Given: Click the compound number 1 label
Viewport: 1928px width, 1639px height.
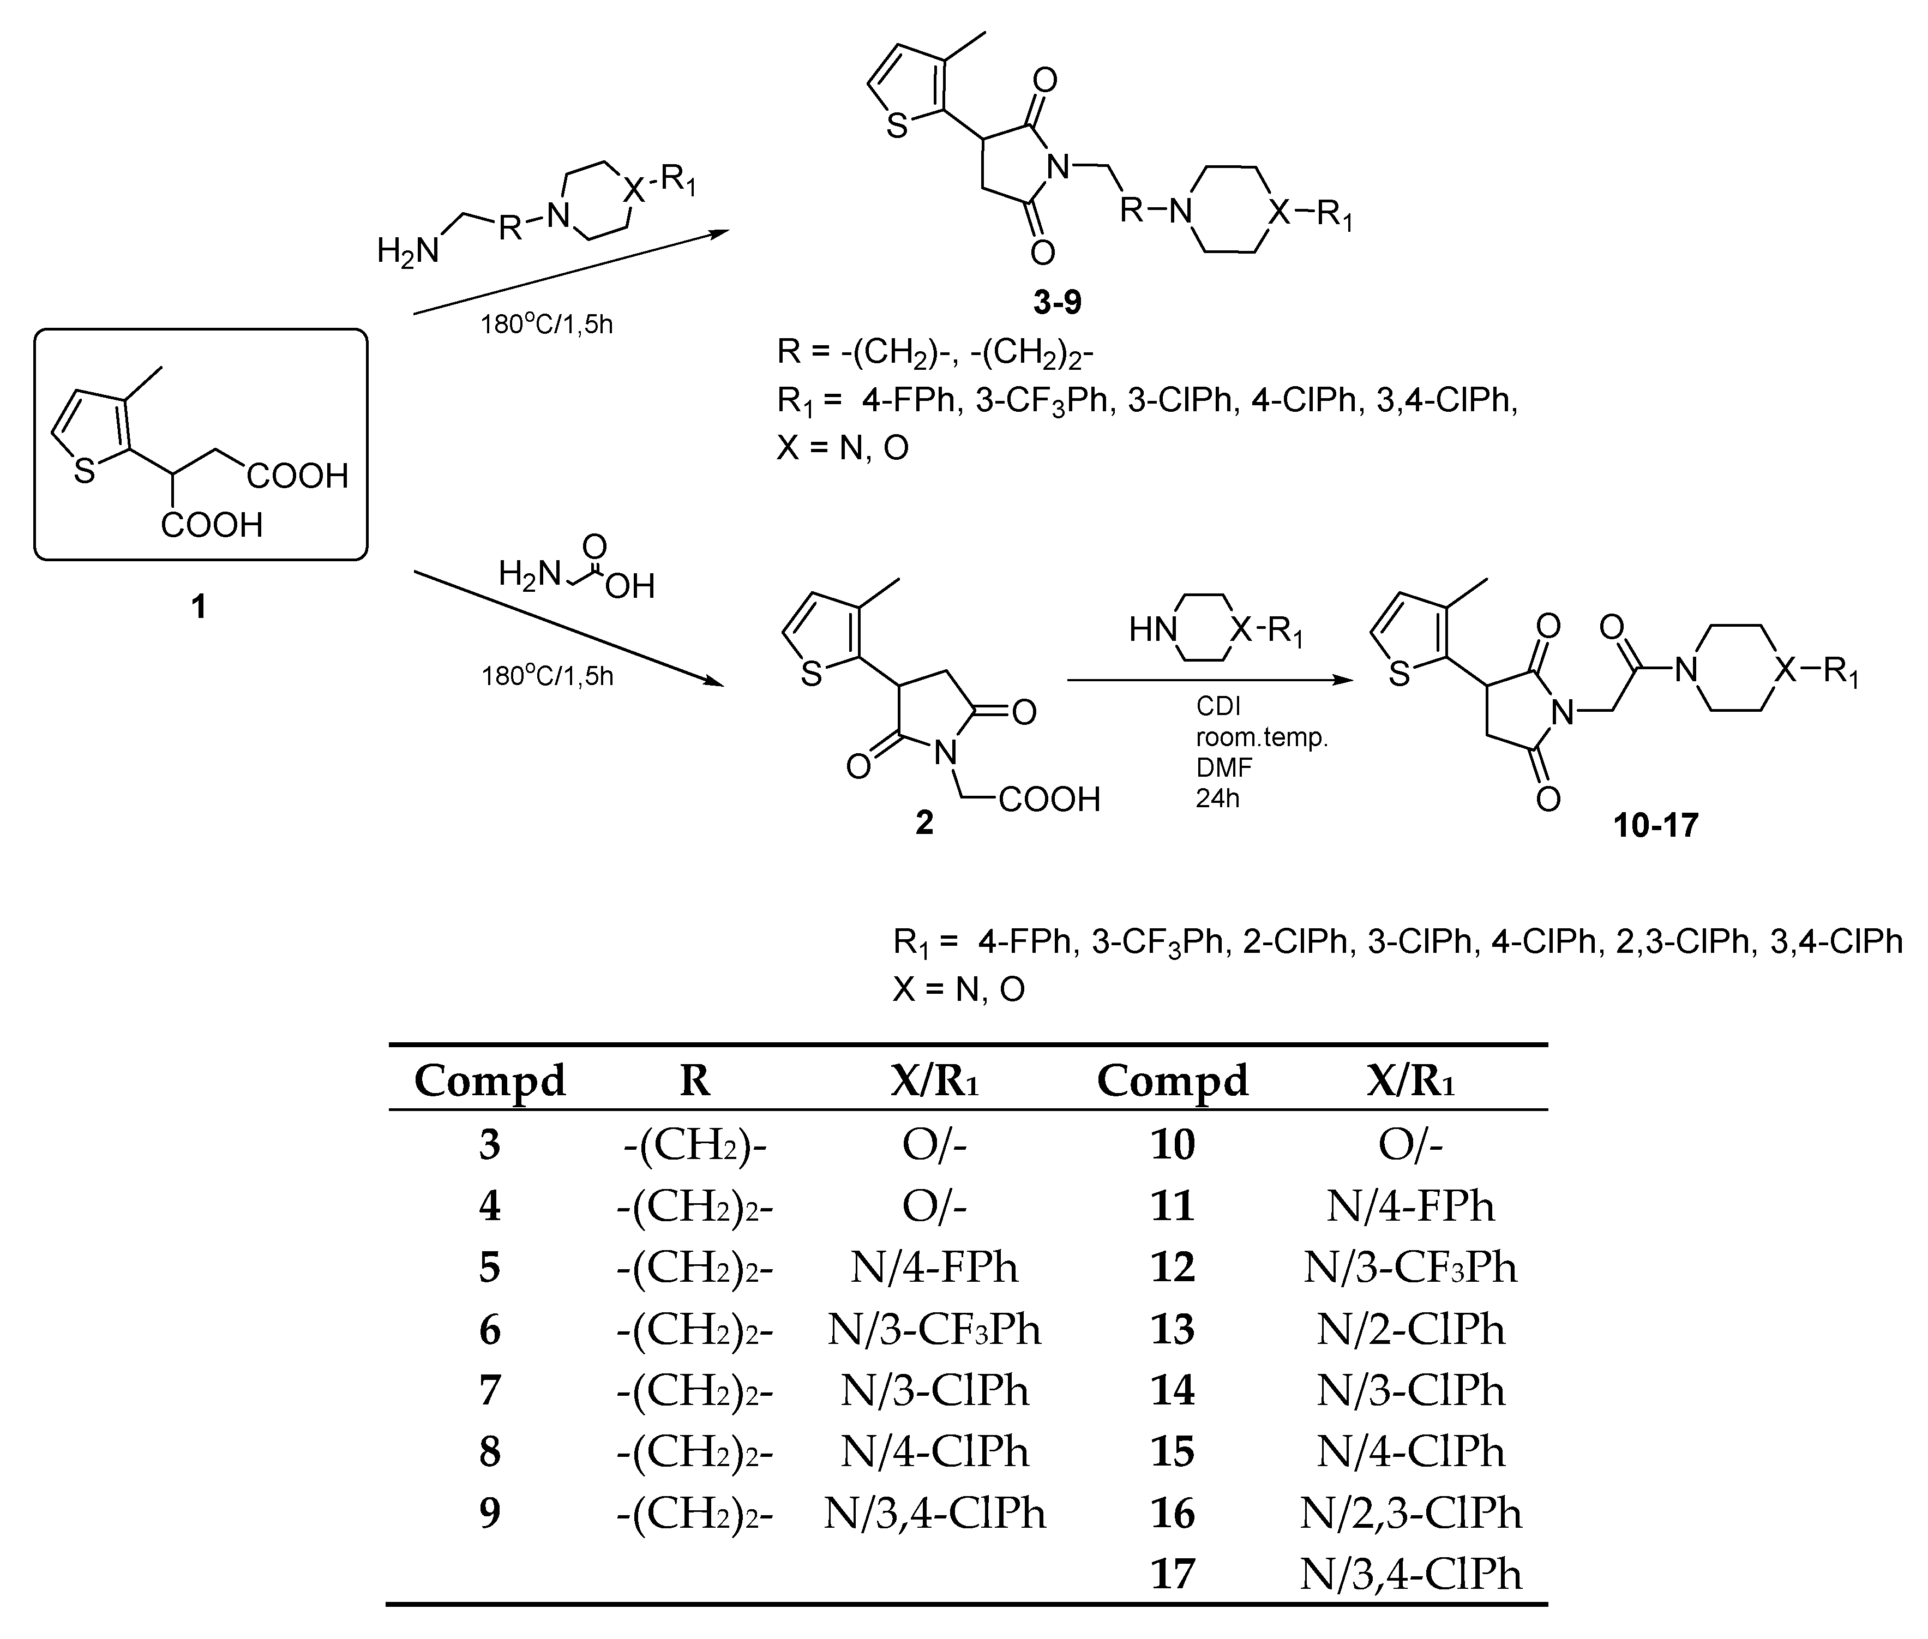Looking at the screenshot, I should pos(198,607).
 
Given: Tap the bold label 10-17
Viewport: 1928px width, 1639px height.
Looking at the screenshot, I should pos(1656,825).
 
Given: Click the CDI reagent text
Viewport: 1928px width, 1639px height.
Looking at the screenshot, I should pos(1218,707).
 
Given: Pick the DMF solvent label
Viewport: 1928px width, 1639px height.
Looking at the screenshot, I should pos(1224,767).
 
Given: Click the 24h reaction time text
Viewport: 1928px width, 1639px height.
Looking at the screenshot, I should pos(1217,798).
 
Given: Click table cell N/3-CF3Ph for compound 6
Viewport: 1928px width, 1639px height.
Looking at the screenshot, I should pos(934,1330).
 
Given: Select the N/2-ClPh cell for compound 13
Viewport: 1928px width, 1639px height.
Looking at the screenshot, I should pos(1409,1330).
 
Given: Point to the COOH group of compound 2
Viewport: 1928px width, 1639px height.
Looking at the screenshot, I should pos(1049,799).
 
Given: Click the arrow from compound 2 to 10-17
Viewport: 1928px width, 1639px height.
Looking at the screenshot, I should pos(1208,680).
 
